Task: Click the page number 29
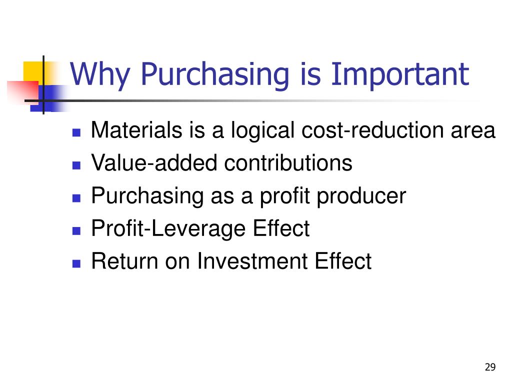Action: pos(489,367)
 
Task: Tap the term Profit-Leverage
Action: pos(168,229)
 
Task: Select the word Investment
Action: pos(255,261)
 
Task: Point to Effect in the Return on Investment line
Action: pos(344,261)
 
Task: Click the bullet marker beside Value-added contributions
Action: pos(76,165)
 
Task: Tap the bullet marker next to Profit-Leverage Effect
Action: pos(76,230)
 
